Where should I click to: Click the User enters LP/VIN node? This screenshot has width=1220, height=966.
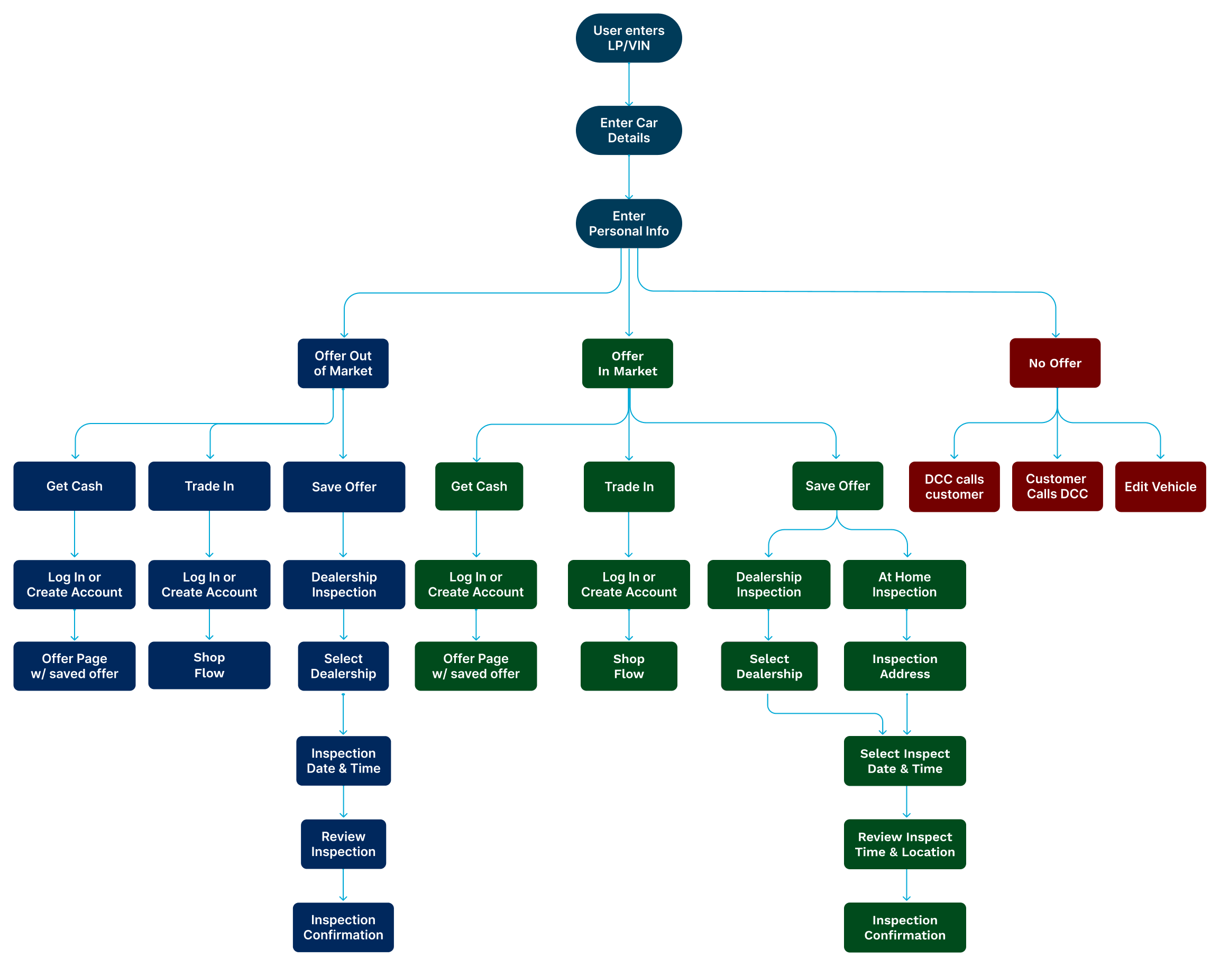pyautogui.click(x=628, y=38)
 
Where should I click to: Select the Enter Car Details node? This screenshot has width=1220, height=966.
pyautogui.click(x=628, y=130)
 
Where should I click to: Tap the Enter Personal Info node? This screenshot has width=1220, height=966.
pyautogui.click(x=628, y=224)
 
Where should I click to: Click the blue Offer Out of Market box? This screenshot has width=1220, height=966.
pyautogui.click(x=343, y=363)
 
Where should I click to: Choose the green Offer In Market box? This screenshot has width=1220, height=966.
pyautogui.click(x=627, y=363)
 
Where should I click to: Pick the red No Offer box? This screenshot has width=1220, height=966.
pyautogui.click(x=1055, y=363)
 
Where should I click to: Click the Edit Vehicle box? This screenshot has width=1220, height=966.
pyautogui.click(x=1160, y=486)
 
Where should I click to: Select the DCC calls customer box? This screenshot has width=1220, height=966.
pyautogui.click(x=954, y=486)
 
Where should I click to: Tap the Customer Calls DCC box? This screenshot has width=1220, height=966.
pyautogui.click(x=1057, y=486)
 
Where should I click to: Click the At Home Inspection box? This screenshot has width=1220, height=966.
pyautogui.click(x=904, y=584)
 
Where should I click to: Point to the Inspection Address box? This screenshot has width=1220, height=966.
pyautogui.click(x=904, y=666)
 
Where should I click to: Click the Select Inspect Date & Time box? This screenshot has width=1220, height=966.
pyautogui.click(x=904, y=761)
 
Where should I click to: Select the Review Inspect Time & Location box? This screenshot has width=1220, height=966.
pyautogui.click(x=904, y=844)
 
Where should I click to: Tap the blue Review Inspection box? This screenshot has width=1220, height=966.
pyautogui.click(x=343, y=844)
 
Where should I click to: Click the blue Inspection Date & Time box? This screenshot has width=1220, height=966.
pyautogui.click(x=343, y=761)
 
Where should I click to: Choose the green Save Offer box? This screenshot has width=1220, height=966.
pyautogui.click(x=837, y=486)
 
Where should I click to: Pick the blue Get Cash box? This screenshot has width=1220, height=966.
pyautogui.click(x=74, y=486)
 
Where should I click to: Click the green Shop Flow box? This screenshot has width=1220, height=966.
pyautogui.click(x=628, y=666)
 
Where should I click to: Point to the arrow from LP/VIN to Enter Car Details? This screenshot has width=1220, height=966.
pyautogui.click(x=628, y=84)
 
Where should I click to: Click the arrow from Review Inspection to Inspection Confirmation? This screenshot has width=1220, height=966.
pyautogui.click(x=343, y=885)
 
